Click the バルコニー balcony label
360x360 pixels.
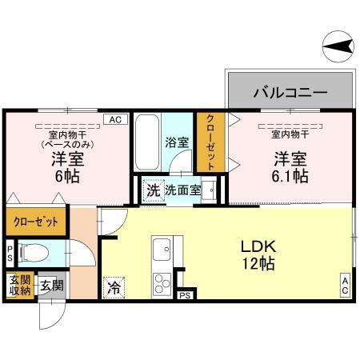point(290,93)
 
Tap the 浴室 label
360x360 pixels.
point(176,143)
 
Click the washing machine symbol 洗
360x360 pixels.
point(151,191)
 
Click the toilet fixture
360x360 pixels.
point(30,254)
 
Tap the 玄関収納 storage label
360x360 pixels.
point(19,285)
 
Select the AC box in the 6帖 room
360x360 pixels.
point(114,119)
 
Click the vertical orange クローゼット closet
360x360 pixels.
point(210,142)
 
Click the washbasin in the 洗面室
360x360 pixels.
point(210,190)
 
